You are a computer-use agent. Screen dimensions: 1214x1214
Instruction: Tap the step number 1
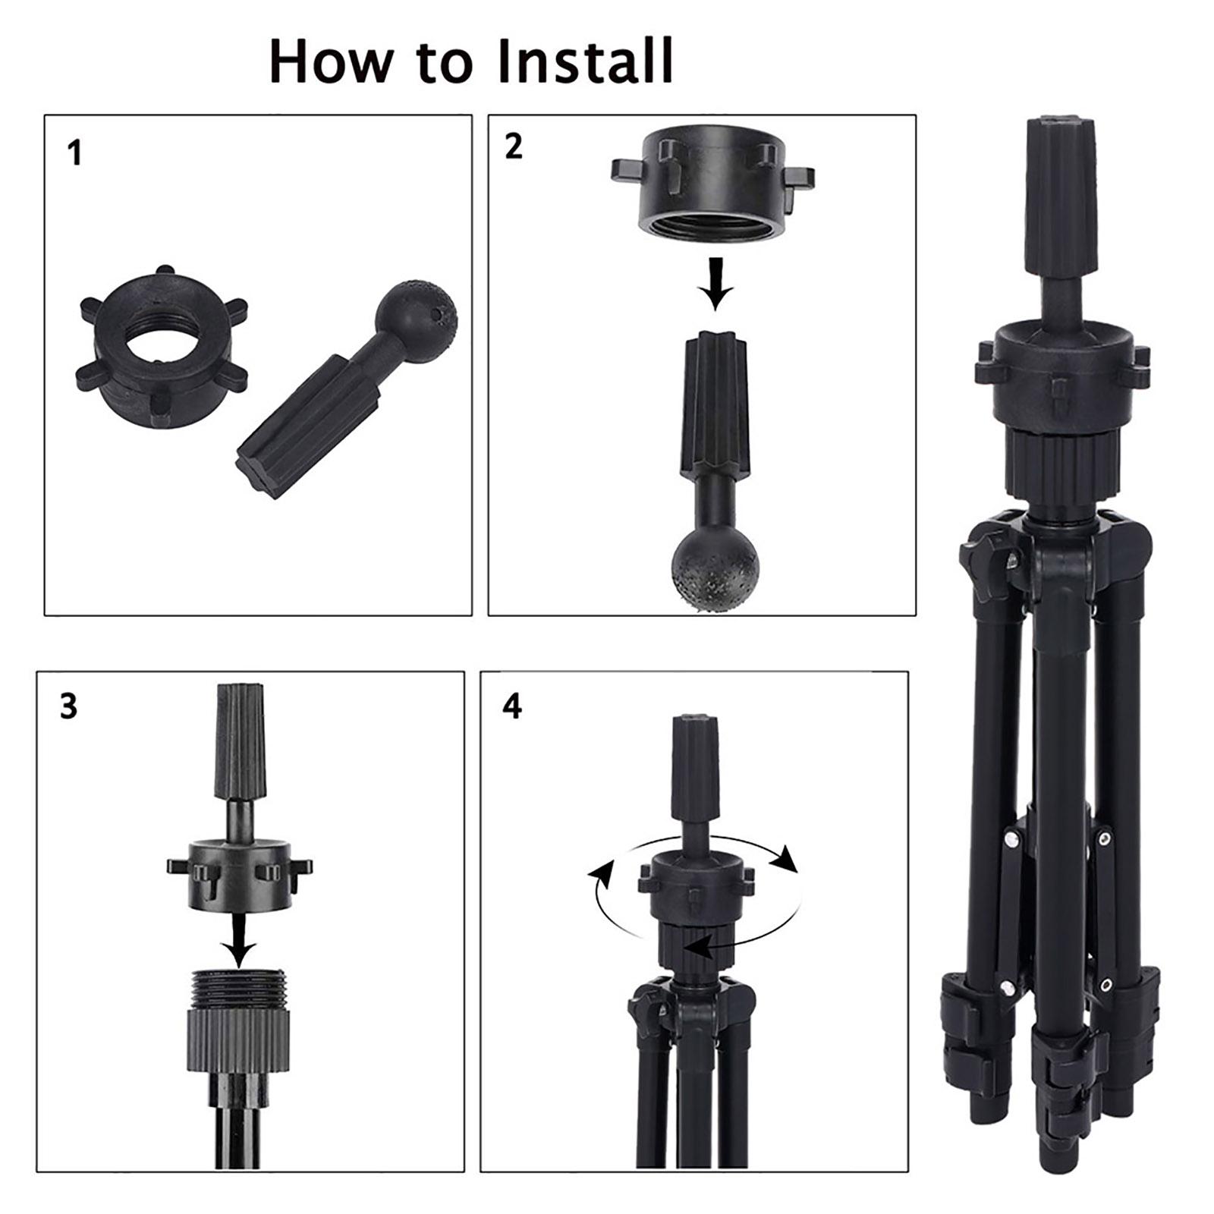(x=74, y=154)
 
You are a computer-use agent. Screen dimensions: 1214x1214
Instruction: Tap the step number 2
(x=514, y=146)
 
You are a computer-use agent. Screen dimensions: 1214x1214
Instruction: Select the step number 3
(x=69, y=706)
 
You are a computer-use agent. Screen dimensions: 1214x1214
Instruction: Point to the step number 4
(x=512, y=706)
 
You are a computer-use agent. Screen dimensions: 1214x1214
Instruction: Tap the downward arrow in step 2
(x=715, y=284)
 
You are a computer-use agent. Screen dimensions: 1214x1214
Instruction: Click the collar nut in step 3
(x=239, y=874)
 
